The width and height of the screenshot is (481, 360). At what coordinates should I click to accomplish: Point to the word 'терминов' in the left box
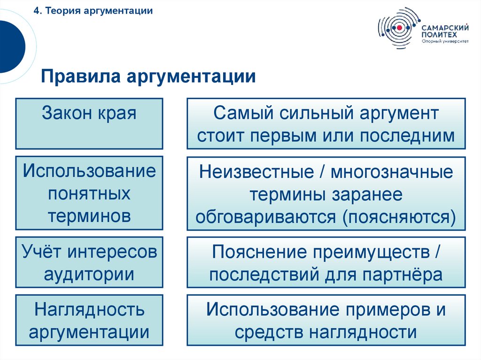[x=89, y=216]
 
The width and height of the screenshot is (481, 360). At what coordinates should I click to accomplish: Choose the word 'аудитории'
[x=89, y=274]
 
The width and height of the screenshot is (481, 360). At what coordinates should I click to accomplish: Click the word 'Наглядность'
[x=89, y=310]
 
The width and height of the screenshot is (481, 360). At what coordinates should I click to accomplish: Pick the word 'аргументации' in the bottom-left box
[x=89, y=332]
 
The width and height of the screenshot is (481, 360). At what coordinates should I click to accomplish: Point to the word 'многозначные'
[x=392, y=172]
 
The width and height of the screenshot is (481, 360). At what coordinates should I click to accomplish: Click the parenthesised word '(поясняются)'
[x=399, y=217]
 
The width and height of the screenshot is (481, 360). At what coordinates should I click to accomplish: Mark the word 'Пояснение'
[x=258, y=252]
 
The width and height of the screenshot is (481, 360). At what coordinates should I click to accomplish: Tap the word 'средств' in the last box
[x=269, y=333]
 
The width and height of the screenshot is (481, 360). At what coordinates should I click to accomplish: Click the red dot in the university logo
[x=399, y=28]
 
